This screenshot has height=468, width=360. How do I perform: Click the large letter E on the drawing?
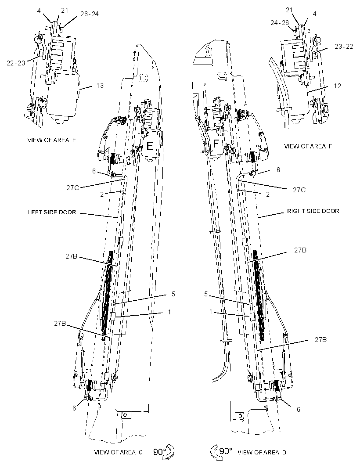point(150,146)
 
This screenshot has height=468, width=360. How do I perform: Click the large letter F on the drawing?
point(216,144)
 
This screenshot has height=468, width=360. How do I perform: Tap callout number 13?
point(100,85)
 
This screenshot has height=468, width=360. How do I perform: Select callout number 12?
point(337,86)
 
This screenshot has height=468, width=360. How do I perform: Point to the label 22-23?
point(16,63)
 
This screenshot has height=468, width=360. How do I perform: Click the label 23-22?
point(344,46)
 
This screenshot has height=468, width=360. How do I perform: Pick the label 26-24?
point(90,14)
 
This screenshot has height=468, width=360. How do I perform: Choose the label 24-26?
point(280,23)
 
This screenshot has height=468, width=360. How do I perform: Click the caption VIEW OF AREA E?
point(52,140)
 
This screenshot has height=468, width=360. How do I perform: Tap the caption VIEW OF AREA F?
point(308,146)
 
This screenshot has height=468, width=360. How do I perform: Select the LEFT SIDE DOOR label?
point(52,212)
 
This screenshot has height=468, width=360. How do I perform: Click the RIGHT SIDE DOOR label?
point(313,211)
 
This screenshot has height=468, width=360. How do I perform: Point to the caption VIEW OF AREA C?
point(118,452)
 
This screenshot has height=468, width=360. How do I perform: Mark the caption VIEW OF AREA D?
point(262,453)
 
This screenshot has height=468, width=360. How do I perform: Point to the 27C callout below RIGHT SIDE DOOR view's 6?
point(299,190)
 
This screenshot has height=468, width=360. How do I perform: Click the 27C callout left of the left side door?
point(72,188)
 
